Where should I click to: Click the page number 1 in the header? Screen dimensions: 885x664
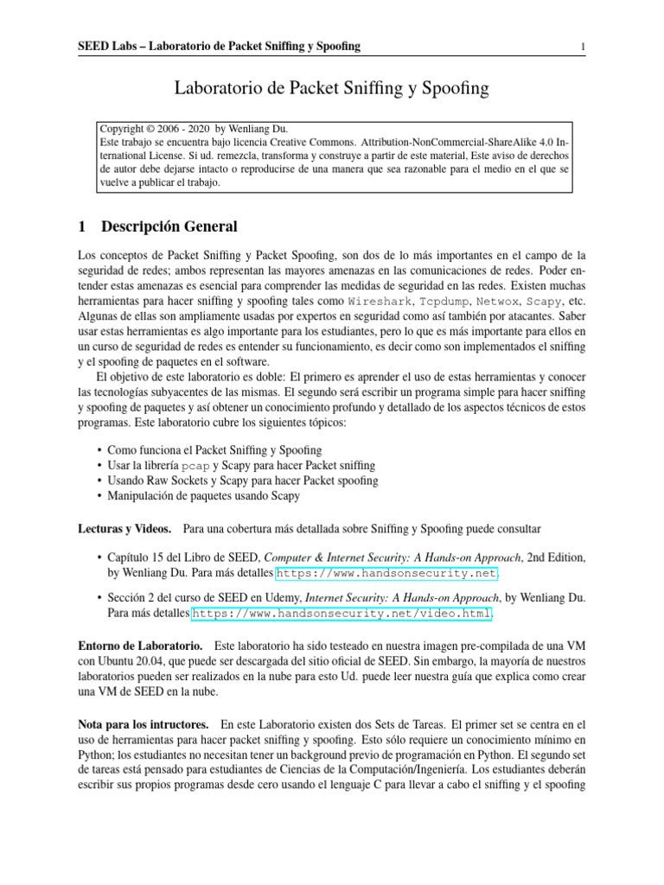pyautogui.click(x=584, y=46)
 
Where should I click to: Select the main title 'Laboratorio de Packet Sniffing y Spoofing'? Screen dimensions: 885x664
pyautogui.click(x=332, y=87)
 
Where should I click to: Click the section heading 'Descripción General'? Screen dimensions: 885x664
pyautogui.click(x=169, y=227)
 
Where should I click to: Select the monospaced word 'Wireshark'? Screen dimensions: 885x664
pyautogui.click(x=380, y=302)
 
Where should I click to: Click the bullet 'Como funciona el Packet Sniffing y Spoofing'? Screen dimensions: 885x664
pyautogui.click(x=214, y=450)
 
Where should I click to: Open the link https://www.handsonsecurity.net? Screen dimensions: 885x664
pyautogui.click(x=373, y=573)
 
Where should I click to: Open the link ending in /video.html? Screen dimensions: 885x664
pyautogui.click(x=342, y=613)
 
